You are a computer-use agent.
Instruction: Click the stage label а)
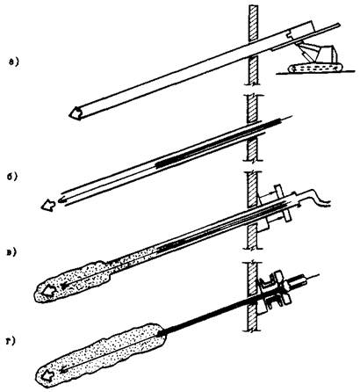pos(14,62)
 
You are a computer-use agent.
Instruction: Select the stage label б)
pos(13,177)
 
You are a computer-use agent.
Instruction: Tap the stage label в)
pos(12,251)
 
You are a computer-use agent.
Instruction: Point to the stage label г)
pos(11,341)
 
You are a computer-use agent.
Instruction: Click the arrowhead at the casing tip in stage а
pos(76,113)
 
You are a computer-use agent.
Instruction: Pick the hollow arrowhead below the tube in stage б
pos(47,205)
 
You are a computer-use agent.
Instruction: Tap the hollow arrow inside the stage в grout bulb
pos(48,291)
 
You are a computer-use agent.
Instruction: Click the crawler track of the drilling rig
pos(315,69)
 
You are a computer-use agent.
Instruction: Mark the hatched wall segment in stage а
pos(252,45)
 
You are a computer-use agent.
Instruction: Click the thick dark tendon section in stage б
pos(218,143)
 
